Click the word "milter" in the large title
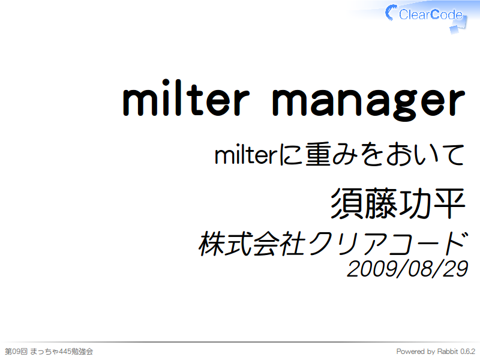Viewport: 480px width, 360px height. coord(186,98)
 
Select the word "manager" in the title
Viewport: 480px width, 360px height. coord(368,103)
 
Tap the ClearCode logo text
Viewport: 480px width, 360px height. coord(431,14)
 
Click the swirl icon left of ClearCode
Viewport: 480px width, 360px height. coord(391,13)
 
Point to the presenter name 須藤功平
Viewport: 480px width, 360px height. coord(398,203)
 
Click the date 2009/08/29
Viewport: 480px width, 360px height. coord(407,269)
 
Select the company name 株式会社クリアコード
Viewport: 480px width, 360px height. coord(334,244)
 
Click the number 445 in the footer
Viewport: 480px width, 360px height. coord(65,351)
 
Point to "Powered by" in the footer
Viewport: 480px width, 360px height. coord(415,352)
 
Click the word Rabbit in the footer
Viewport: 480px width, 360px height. coord(448,351)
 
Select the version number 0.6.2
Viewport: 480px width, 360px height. coord(468,351)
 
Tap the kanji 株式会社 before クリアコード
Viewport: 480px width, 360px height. coord(253,244)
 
